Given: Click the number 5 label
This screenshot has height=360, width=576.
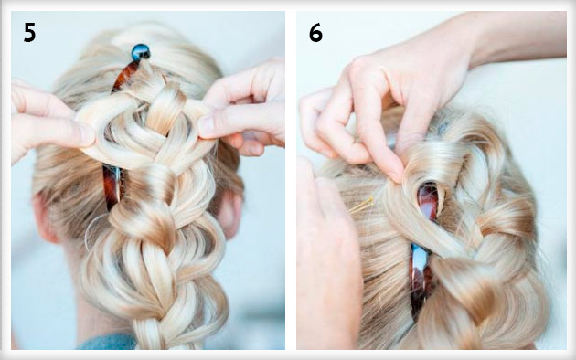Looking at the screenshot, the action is tap(30, 32).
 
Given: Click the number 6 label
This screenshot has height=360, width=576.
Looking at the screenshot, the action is tap(315, 33).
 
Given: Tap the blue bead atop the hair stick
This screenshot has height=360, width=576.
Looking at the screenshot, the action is tap(141, 52).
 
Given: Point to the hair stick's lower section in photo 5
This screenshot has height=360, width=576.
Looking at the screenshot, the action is tap(112, 188).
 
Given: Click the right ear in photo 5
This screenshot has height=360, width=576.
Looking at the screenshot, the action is tap(230, 213).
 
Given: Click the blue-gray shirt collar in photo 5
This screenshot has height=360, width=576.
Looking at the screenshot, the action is tap(107, 342).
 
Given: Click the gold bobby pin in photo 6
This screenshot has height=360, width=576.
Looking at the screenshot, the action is tap(361, 206).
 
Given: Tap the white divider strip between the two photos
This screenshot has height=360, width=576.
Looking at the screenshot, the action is tap(291, 180).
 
